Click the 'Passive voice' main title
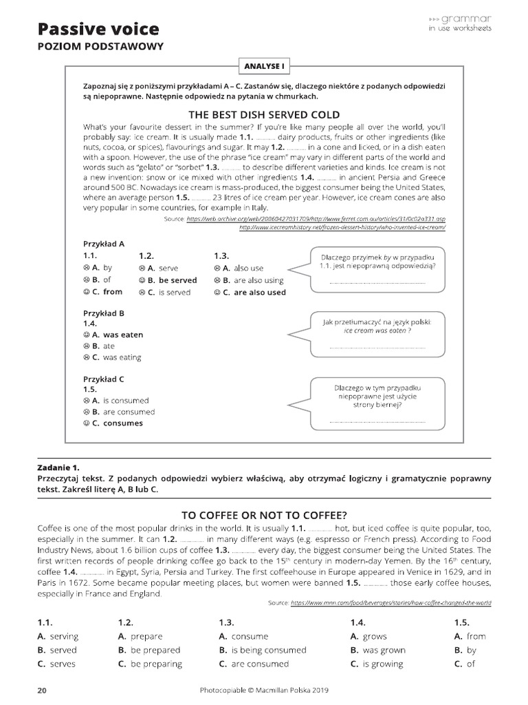98,28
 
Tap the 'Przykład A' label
103,243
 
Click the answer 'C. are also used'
250,292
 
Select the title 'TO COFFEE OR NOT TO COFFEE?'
264,514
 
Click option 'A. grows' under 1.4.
368,636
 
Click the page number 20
42,691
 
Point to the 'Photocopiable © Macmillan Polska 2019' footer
264,691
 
